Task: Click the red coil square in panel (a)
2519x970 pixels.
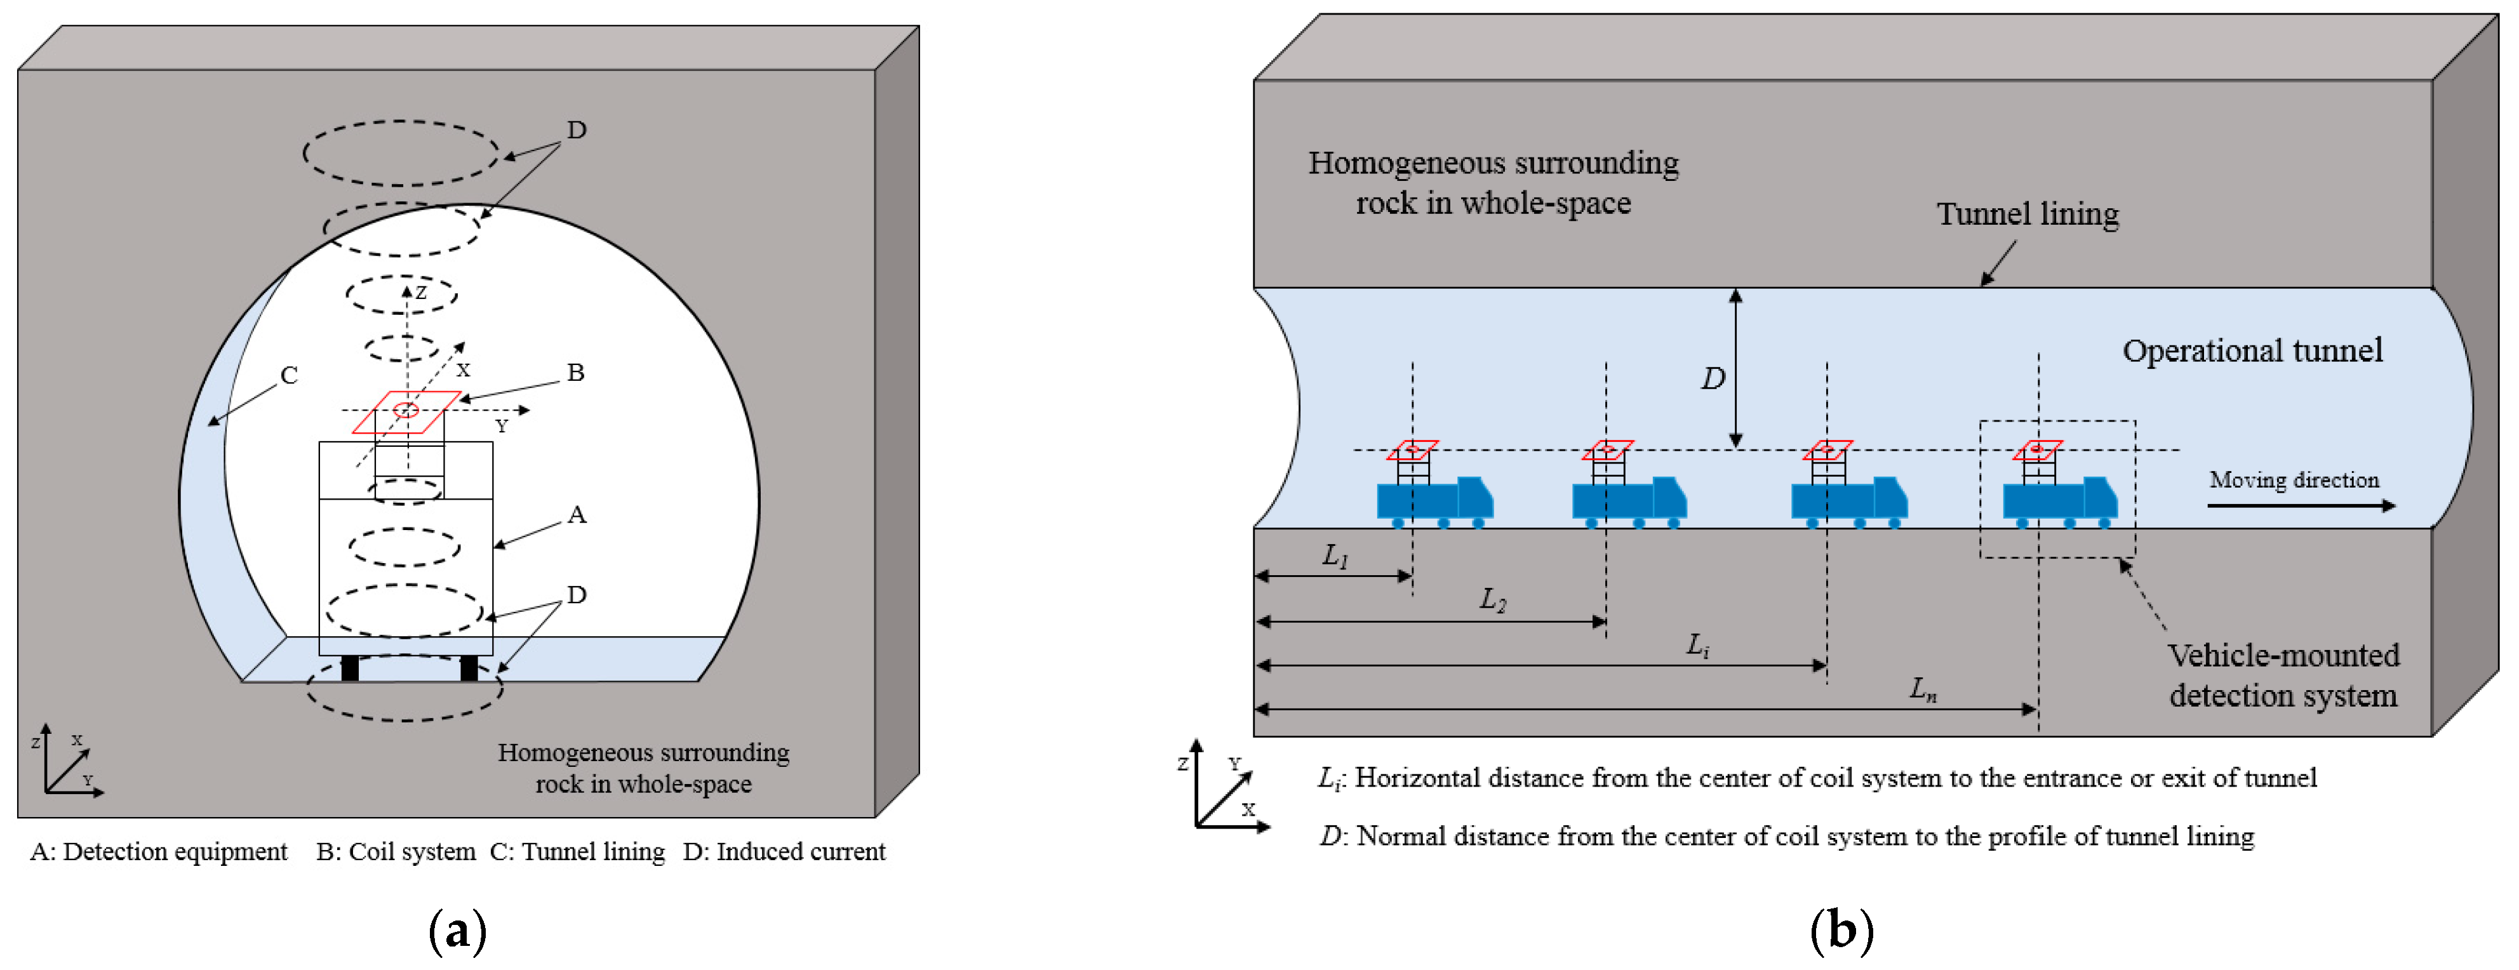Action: tap(406, 411)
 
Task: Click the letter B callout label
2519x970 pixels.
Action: tap(575, 373)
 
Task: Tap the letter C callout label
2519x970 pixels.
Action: tap(288, 375)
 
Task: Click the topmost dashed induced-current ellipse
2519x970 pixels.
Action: tap(401, 154)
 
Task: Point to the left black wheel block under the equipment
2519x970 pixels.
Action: tap(350, 669)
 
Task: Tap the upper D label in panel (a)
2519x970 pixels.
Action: tap(577, 130)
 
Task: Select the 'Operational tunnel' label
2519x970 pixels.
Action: tap(2252, 351)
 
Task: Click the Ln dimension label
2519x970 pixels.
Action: tap(1923, 689)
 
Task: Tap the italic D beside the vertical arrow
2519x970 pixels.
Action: tap(1713, 378)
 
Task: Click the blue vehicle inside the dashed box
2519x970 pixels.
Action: tap(2059, 501)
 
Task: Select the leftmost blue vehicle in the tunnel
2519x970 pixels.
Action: tap(1434, 501)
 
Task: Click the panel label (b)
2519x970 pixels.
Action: tap(1841, 930)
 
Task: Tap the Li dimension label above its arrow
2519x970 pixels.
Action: tap(1697, 646)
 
